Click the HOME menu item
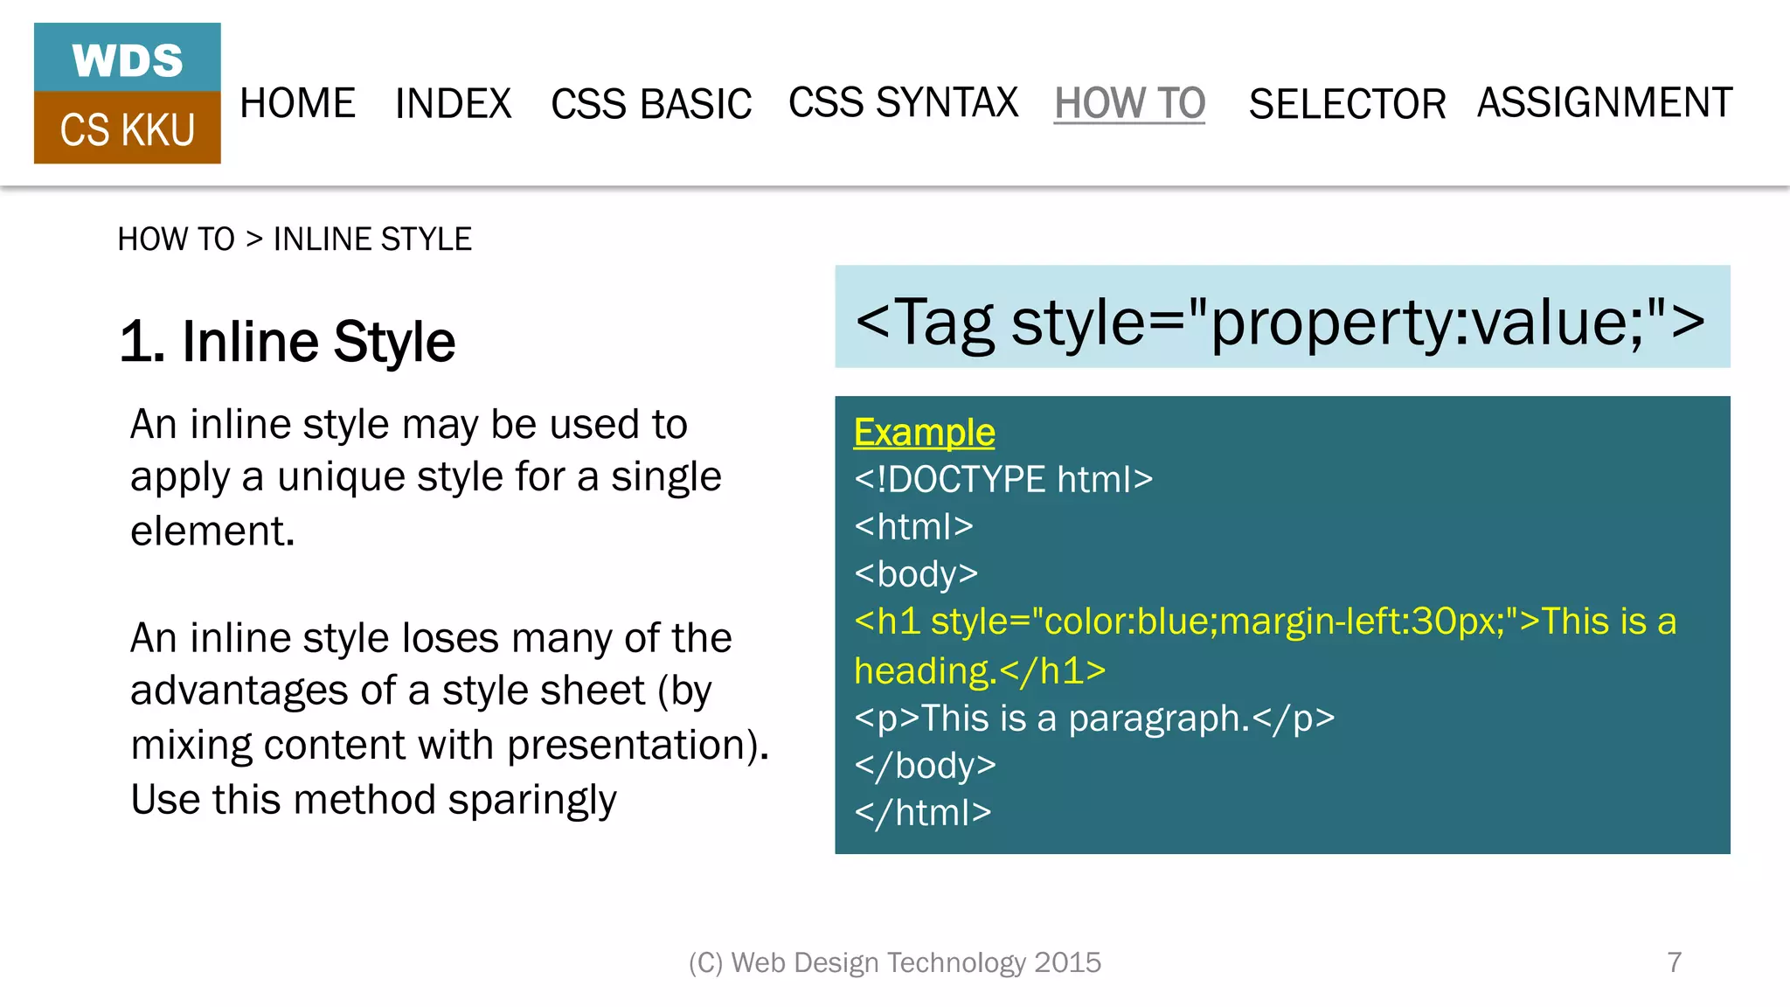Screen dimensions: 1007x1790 tap(297, 103)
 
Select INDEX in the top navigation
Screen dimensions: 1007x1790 tap(453, 103)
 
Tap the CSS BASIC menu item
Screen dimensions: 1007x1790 tap(651, 104)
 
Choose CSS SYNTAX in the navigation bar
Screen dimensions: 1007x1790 tap(903, 102)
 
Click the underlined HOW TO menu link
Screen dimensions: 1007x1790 tap(1129, 103)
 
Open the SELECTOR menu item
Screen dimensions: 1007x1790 tap(1347, 104)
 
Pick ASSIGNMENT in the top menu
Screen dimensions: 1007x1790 tap(1605, 102)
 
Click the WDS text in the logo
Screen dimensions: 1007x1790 tap(128, 60)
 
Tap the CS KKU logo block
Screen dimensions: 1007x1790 tap(128, 129)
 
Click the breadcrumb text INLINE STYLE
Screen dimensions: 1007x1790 tap(372, 239)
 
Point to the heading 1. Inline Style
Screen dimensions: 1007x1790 tap(288, 341)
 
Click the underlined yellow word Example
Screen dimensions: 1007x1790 tap(924, 432)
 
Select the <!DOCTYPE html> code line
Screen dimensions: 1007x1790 tap(1003, 479)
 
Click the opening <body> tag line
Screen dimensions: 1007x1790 tap(916, 573)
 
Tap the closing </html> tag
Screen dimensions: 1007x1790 tap(923, 813)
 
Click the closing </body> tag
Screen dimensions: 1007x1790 tap(926, 766)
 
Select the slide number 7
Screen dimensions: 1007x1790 tap(1674, 962)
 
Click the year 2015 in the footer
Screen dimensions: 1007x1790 tap(1067, 962)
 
